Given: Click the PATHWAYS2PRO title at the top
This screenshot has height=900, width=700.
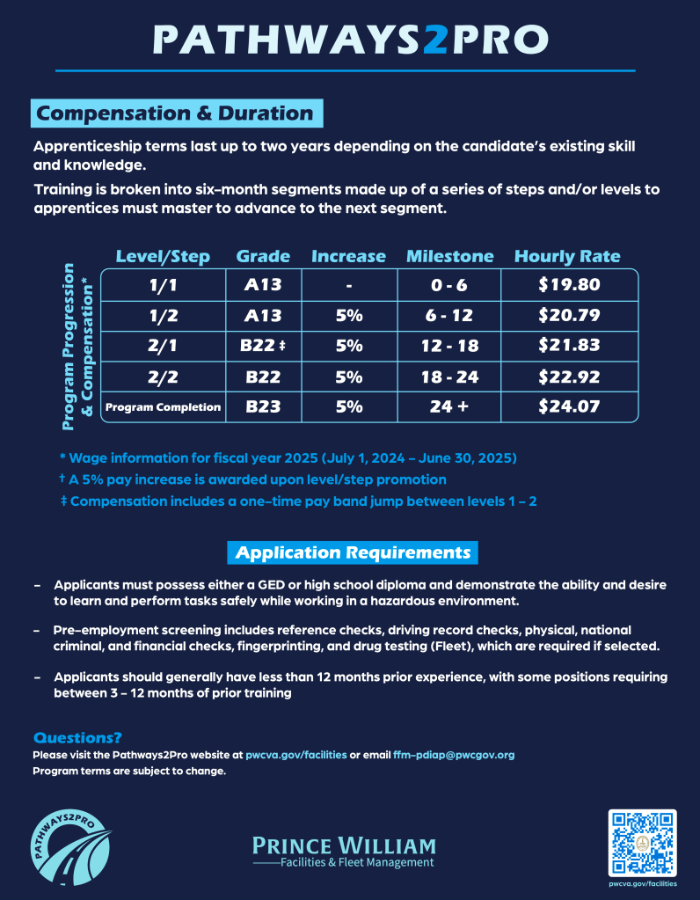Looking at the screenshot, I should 350,39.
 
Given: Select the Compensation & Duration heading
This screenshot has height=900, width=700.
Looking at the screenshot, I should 175,113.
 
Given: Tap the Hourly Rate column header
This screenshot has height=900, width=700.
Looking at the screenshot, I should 567,257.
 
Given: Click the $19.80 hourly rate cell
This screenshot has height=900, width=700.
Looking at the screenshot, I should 568,285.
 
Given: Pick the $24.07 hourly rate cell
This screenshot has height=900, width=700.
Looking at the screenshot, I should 568,407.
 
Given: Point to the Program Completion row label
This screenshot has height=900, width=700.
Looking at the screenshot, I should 163,407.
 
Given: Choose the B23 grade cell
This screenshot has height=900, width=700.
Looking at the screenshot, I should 263,407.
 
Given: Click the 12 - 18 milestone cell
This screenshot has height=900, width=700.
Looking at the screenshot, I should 449,346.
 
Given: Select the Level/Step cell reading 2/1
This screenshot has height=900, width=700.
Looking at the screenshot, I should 163,346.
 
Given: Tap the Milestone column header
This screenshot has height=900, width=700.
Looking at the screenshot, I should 449,257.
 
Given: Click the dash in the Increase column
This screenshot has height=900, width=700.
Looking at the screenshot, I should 349,286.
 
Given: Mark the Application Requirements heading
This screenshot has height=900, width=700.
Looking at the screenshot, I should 353,552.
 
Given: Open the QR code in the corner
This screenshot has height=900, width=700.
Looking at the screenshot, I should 642,842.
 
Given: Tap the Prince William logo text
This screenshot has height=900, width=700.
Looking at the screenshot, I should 344,851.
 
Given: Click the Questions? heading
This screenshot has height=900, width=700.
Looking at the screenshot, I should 77,737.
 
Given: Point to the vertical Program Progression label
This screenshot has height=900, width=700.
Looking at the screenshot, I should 77,348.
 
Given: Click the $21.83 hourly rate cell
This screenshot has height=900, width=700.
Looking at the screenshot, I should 568,346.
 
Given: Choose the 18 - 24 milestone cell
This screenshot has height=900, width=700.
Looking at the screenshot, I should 449,377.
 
